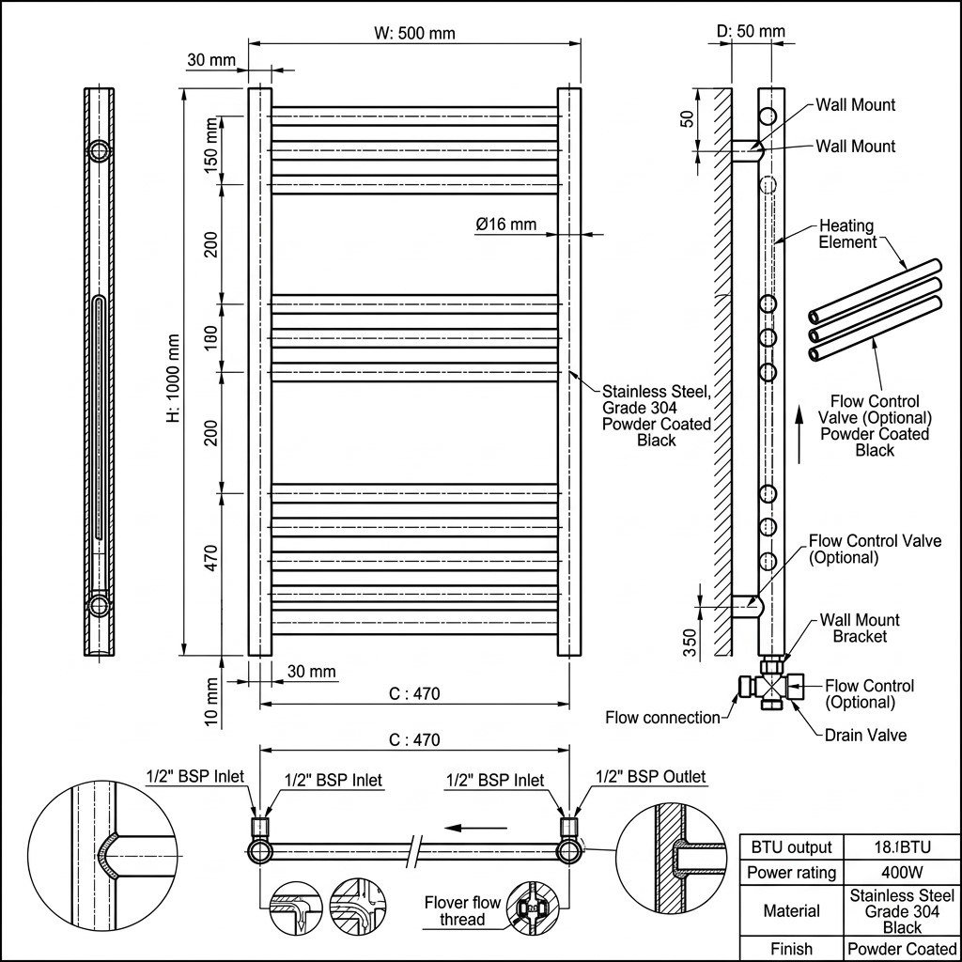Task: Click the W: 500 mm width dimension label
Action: coord(414,33)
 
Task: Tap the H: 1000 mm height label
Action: coord(174,379)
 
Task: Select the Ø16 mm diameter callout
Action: coord(506,224)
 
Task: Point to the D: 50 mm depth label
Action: coord(751,31)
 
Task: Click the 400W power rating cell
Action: coord(902,872)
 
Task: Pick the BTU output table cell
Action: coord(791,847)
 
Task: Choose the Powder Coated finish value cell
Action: coord(902,949)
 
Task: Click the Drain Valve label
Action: coord(865,735)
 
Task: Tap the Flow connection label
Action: coord(662,717)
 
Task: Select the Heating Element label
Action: coord(847,234)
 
